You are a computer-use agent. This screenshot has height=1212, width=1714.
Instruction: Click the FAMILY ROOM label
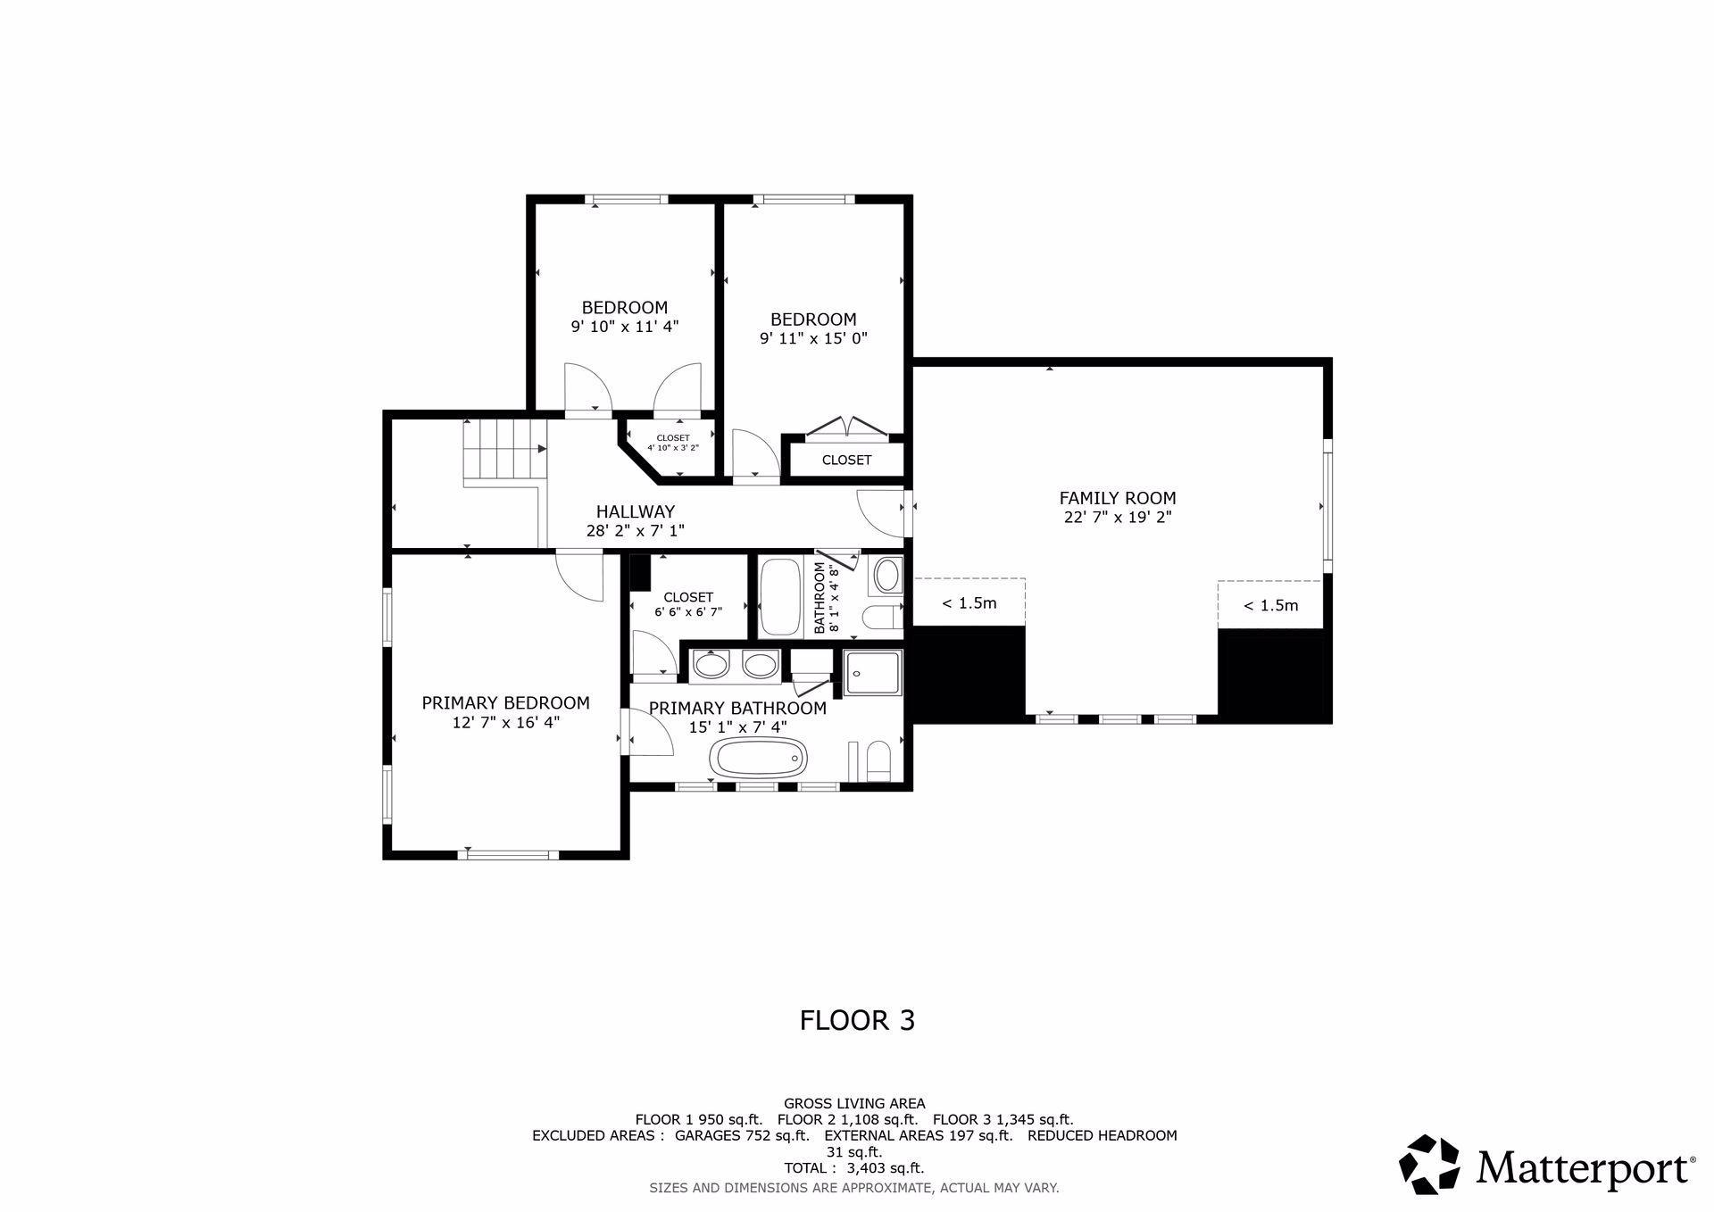[1118, 498]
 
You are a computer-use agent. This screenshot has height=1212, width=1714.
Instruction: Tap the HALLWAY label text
[636, 511]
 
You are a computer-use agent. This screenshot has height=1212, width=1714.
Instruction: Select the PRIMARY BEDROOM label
[506, 703]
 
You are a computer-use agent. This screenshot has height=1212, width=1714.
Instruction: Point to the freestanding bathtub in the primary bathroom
[758, 759]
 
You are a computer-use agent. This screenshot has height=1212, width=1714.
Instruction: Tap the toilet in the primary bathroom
[878, 760]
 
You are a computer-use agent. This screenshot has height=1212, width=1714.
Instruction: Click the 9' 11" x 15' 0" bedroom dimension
[813, 338]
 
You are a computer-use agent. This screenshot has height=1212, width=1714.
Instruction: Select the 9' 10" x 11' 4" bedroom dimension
[625, 327]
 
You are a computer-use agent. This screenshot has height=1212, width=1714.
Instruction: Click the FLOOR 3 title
[857, 1020]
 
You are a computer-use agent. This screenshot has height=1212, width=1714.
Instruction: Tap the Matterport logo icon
[1428, 1164]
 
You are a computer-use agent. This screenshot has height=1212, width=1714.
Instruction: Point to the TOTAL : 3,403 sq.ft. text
[854, 1167]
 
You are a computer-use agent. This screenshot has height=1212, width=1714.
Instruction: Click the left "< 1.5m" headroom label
[969, 603]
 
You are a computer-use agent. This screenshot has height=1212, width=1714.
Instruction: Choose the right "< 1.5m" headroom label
[1271, 606]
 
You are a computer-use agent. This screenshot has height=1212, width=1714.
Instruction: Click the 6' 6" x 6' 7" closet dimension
[688, 612]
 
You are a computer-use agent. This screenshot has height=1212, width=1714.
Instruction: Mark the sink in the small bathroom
[886, 575]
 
